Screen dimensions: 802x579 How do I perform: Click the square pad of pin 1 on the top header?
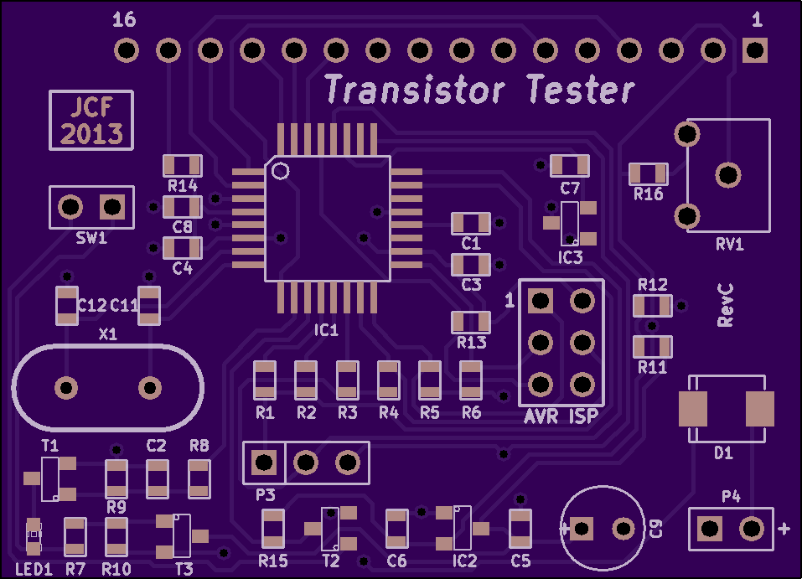pos(755,50)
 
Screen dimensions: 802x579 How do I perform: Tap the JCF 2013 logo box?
pos(91,120)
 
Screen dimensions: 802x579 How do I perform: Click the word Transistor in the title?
pos(415,90)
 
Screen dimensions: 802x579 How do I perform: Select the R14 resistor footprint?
pos(183,166)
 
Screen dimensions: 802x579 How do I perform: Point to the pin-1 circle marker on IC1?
pos(280,171)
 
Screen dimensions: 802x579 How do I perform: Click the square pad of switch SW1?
pos(112,207)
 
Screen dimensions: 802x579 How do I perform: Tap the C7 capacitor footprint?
pos(570,166)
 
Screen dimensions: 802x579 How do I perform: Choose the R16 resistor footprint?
pos(648,174)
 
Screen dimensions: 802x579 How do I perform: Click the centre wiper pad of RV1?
pos(728,175)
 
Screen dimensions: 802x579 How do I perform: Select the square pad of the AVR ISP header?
pos(541,301)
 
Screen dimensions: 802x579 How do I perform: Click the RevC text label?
pos(725,305)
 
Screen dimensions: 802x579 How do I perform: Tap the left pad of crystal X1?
pos(66,387)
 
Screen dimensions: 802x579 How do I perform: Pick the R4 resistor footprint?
pos(388,380)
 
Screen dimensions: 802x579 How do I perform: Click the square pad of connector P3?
pos(264,463)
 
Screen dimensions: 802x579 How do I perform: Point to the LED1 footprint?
pos(34,536)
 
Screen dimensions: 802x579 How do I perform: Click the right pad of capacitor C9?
pos(623,529)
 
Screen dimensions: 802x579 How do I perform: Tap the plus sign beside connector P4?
pos(784,529)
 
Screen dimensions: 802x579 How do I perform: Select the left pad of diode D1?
pos(693,409)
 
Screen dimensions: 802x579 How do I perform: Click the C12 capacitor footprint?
pos(66,305)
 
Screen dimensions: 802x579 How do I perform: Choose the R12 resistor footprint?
pos(652,306)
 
